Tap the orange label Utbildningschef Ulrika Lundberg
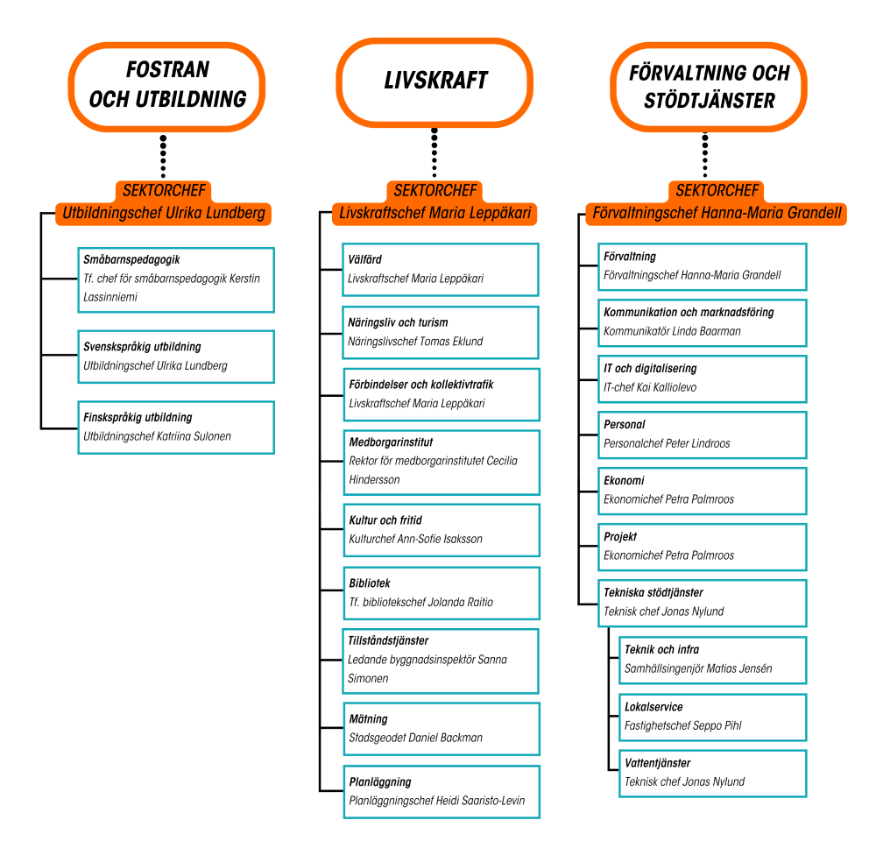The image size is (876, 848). pyautogui.click(x=163, y=214)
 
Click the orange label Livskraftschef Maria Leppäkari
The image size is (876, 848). pyautogui.click(x=434, y=214)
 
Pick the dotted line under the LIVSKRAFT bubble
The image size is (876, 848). pyautogui.click(x=434, y=152)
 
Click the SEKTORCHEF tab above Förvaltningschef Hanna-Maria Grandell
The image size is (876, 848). pyautogui.click(x=717, y=191)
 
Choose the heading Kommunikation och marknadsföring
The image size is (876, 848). pyautogui.click(x=689, y=312)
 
